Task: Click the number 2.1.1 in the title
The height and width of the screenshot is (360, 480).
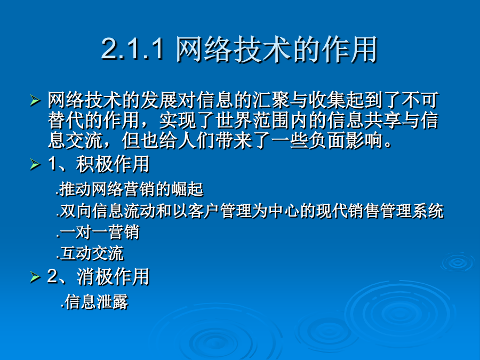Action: click(133, 49)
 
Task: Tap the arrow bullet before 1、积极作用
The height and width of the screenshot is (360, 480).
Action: click(35, 165)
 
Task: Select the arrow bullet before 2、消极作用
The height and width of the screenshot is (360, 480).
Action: click(35, 277)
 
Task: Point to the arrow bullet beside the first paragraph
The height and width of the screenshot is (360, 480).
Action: click(35, 101)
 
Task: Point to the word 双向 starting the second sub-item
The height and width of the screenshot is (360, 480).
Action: click(75, 211)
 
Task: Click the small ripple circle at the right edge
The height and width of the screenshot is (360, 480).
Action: click(458, 262)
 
